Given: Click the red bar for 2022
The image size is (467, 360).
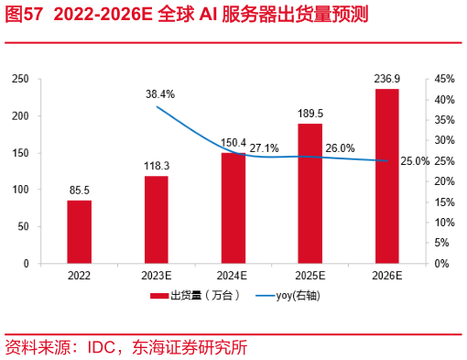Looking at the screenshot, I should [x=79, y=231].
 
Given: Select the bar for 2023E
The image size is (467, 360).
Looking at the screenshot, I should [x=156, y=219].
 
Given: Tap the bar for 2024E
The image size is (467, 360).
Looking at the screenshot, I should [x=233, y=207].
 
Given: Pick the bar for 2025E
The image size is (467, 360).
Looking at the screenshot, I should [x=310, y=193].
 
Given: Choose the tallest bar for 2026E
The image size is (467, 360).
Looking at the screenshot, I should [x=386, y=176].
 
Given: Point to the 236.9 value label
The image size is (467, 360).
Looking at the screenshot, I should [x=386, y=80].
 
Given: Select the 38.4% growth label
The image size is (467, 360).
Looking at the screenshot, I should [x=159, y=94].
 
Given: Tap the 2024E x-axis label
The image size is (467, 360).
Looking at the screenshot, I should [x=233, y=275].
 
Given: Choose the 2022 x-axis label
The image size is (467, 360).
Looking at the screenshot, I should [x=79, y=275].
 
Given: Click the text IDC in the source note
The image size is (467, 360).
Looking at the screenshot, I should [x=100, y=347].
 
